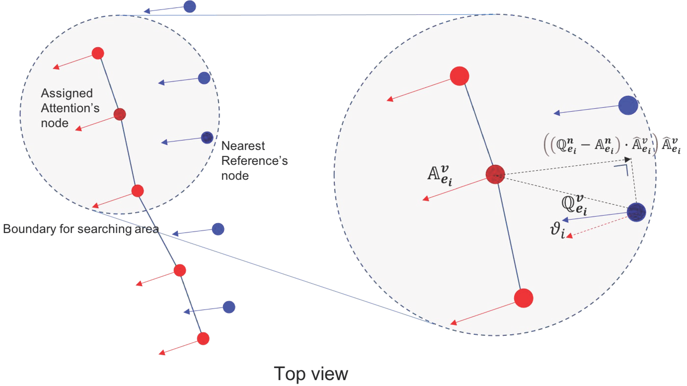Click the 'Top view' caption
(311, 374)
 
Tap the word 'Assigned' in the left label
(67, 93)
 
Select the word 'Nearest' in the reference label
(243, 146)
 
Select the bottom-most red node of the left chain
(203, 339)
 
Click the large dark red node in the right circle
(495, 174)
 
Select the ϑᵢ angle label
(557, 231)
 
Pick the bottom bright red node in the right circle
(524, 298)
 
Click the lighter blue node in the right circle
(628, 105)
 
